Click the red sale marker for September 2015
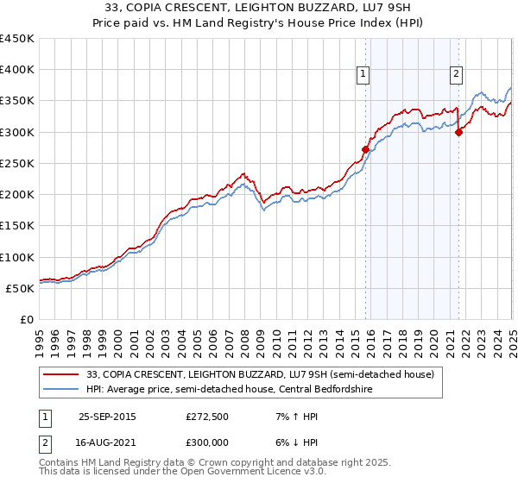tap(365, 149)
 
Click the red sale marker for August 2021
tap(458, 132)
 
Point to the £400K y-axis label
tap(16, 70)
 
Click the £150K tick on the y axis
tap(16, 226)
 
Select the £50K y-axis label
tap(20, 288)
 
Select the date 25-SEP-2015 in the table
tap(107, 415)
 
